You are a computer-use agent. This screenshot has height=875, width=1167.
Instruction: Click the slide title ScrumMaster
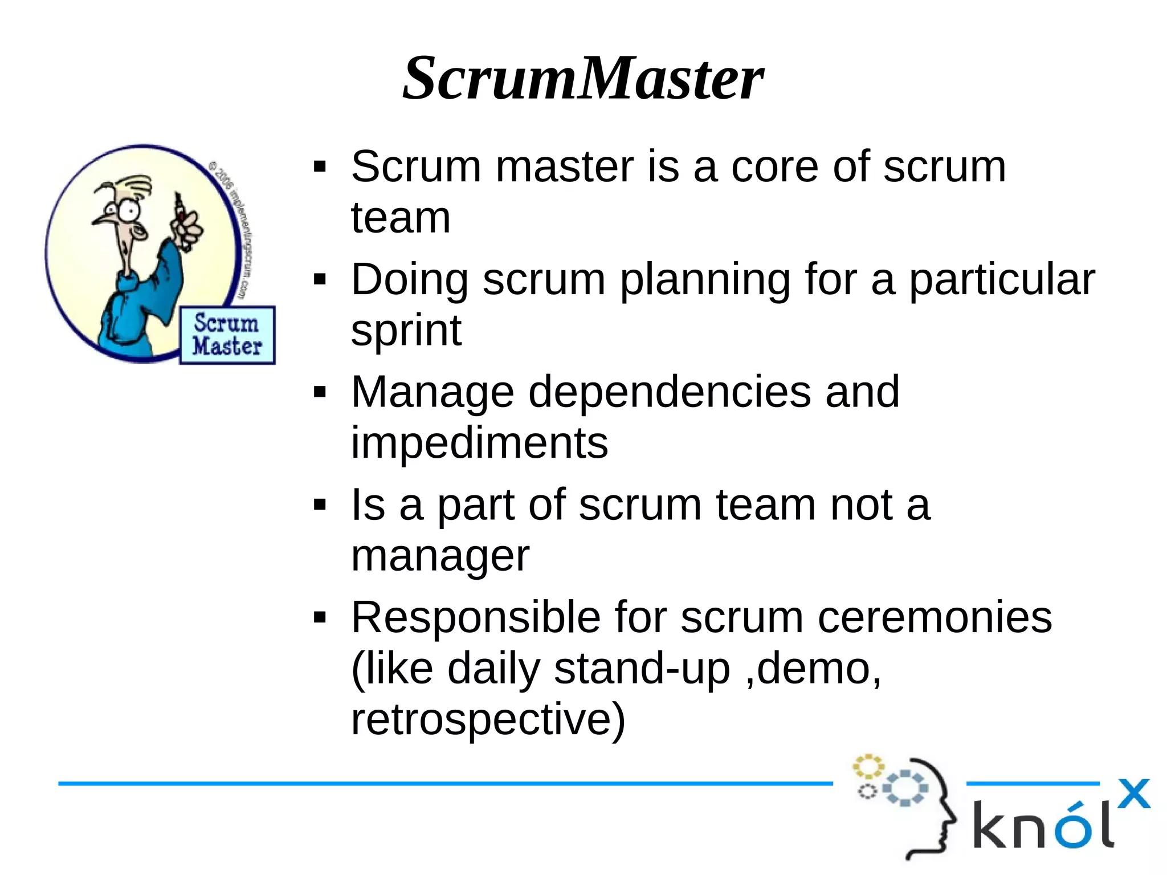tap(582, 78)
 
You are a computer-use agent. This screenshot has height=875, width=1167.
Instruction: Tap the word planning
tap(704, 279)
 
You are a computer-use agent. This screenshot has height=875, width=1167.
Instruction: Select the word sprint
tap(406, 331)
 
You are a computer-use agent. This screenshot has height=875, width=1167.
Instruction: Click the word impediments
tap(479, 443)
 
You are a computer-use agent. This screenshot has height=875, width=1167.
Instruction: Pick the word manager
tap(440, 555)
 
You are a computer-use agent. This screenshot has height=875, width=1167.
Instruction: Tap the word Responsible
tap(475, 617)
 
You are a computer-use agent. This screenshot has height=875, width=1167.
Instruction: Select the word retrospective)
tap(488, 719)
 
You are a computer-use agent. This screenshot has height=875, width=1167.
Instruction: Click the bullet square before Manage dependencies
tap(320, 393)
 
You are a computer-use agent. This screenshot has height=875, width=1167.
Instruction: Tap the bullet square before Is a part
tap(320, 505)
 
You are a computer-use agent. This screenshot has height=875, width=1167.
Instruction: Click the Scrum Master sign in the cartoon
tap(227, 335)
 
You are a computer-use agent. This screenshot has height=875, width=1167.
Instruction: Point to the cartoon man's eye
tap(130, 211)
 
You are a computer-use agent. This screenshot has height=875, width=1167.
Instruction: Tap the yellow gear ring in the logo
tap(867, 767)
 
